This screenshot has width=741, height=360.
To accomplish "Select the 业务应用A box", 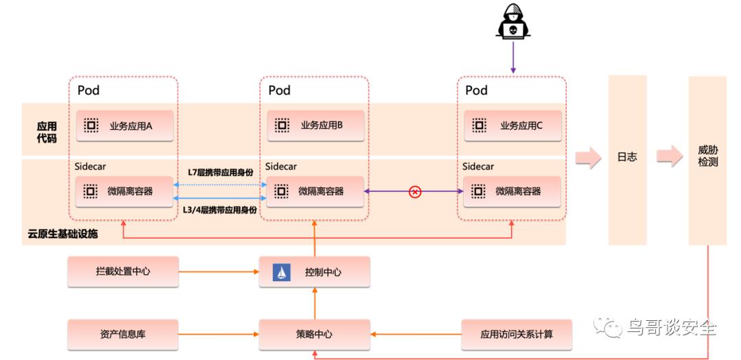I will (123, 125).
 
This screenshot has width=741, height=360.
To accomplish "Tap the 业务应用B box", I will (315, 125).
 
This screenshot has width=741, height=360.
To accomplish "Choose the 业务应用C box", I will (512, 125).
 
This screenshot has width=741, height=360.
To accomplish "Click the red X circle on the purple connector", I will (414, 192).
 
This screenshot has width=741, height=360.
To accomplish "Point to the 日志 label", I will (627, 157).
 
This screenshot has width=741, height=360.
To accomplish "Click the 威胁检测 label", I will (707, 156).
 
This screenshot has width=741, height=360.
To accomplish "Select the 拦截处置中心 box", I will (123, 272).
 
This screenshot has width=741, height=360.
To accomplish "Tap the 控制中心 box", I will (315, 272).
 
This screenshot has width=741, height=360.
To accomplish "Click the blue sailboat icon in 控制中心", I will (282, 272).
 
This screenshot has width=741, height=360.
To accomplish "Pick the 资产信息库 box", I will (123, 334).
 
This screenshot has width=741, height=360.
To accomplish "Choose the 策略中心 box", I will (315, 334).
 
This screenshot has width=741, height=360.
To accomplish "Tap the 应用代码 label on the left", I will (47, 132).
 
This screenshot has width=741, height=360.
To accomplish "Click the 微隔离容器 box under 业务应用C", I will (512, 191).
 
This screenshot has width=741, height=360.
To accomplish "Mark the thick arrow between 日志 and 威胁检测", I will (667, 157).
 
